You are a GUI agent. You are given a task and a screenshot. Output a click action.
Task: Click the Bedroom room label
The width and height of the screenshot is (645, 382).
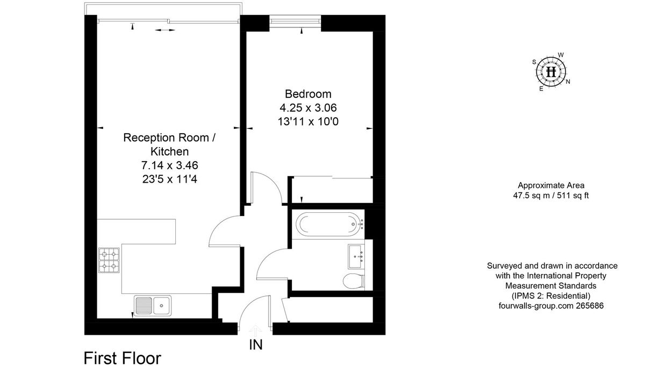[305, 94]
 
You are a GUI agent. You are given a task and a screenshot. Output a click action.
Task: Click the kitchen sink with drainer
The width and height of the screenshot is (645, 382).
[153, 305]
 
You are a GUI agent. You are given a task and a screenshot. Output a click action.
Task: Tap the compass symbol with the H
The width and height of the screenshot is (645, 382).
[551, 71]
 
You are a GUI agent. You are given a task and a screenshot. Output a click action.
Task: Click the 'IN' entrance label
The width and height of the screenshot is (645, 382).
[255, 345]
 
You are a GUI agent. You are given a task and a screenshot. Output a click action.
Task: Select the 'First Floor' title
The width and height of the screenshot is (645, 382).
[122, 358]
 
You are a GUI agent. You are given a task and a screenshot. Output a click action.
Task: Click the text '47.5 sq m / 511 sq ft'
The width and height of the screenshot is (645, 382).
[551, 196]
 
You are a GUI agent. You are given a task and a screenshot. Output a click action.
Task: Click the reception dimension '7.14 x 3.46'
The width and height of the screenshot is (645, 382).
[170, 165]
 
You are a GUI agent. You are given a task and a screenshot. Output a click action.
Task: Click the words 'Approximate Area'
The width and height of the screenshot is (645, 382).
[551, 186]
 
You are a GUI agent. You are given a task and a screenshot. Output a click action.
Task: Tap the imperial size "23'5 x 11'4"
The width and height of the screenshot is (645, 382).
[170, 179]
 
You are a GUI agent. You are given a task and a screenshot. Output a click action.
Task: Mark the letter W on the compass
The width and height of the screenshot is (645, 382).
[561, 55]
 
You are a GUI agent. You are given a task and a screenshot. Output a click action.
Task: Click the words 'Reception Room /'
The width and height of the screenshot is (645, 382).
[170, 138]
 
